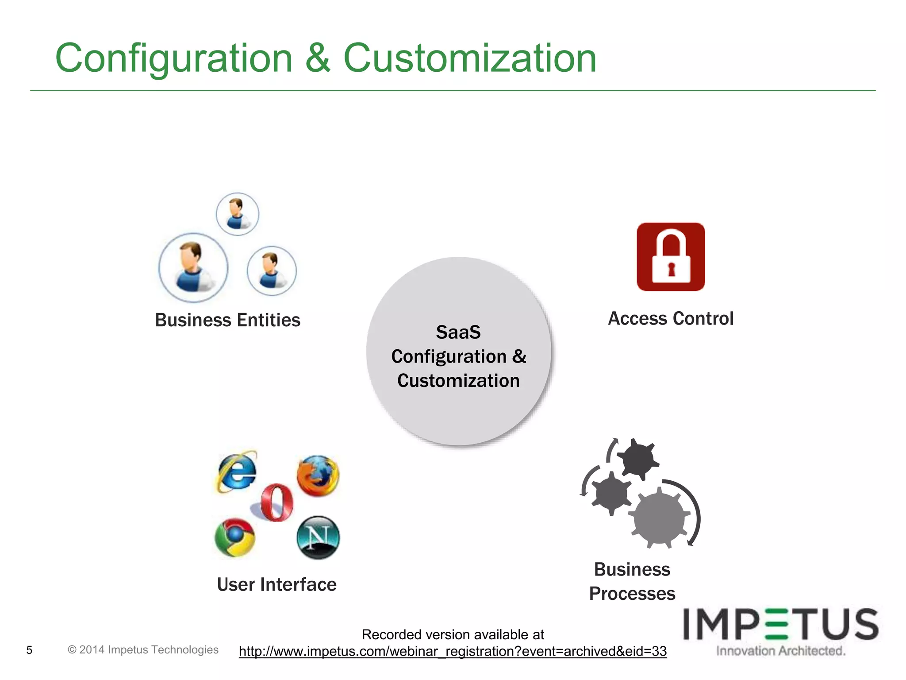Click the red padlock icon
point(671,257)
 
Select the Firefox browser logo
point(318,475)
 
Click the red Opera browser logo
point(276,502)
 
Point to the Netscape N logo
point(318,537)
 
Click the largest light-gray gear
point(659,518)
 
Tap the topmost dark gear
point(637,459)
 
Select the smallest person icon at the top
point(238,214)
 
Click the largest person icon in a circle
point(193,267)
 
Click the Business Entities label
point(227,320)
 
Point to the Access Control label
point(671,319)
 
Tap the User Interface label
point(276,584)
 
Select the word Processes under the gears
point(632,594)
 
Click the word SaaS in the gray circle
point(458,332)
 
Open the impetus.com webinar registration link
point(453,651)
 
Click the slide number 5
point(29,650)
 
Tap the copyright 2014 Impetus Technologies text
point(143,649)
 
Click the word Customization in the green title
point(469,58)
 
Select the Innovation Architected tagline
point(780,651)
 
